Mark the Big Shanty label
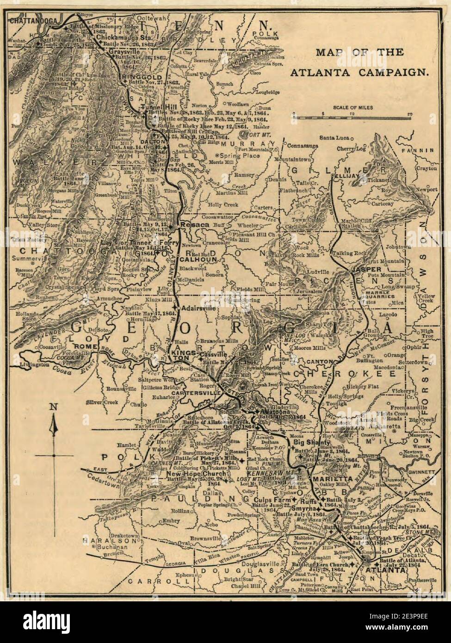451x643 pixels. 310,442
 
